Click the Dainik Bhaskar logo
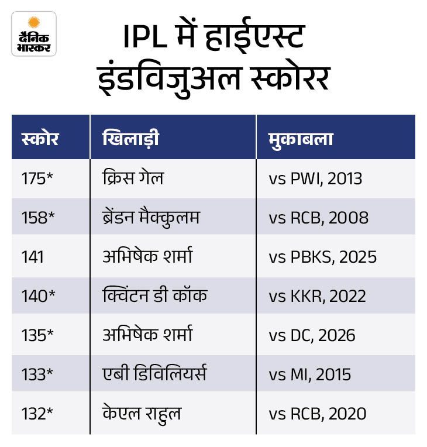tap(33, 33)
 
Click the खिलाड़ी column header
tap(130, 140)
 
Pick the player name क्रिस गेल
tap(132, 178)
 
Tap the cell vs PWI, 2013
tap(315, 178)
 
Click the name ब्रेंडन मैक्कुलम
tap(150, 217)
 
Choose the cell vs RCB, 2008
tap(319, 218)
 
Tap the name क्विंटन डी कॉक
tap(154, 295)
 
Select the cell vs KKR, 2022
tap(318, 296)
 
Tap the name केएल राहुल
tap(140, 414)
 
